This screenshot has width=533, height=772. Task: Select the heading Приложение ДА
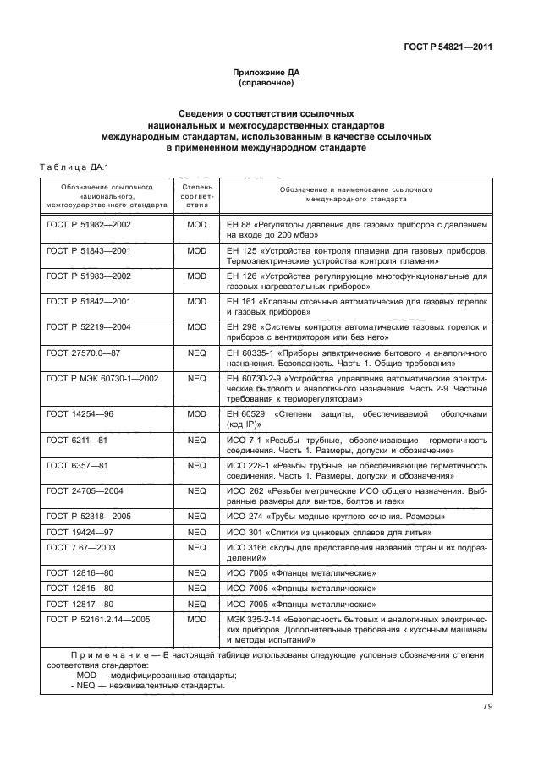266,74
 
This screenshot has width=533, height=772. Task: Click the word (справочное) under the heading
266,85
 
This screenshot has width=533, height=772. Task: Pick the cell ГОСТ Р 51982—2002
89,227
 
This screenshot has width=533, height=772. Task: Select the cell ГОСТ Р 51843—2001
89,251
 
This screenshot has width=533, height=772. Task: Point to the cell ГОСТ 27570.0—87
85,349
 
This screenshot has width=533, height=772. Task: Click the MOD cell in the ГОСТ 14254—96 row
196,413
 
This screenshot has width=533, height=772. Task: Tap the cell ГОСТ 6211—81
77,441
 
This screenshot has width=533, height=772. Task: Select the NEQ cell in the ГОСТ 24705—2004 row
196,490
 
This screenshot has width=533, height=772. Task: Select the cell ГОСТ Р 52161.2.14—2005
98,619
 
